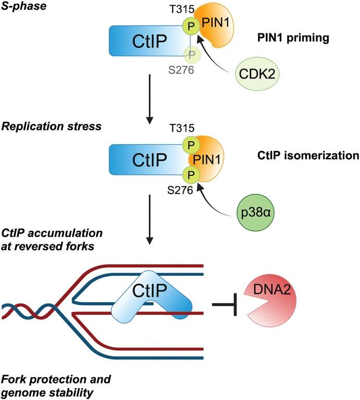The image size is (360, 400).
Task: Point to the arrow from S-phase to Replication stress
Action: click(x=150, y=98)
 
